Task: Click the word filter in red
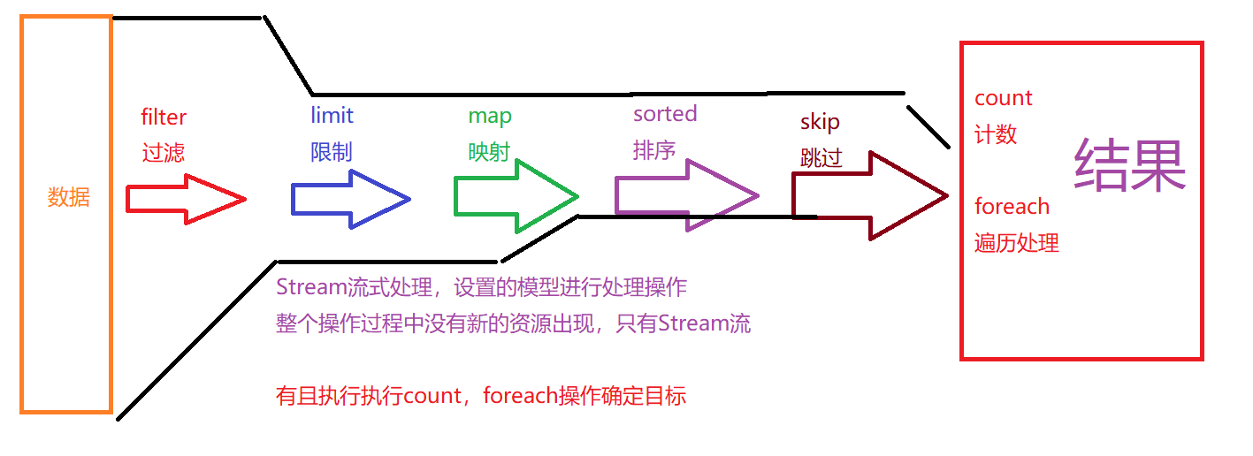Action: (164, 117)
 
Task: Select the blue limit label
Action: (332, 115)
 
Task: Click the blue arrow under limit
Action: (350, 199)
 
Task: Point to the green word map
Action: (490, 116)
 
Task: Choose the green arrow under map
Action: (515, 196)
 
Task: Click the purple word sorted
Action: (665, 113)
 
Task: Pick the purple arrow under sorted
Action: (686, 195)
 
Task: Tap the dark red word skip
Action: (820, 122)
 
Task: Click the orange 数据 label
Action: (69, 197)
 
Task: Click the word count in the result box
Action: (1004, 98)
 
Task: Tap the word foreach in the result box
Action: (1012, 207)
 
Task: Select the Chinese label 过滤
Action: (164, 153)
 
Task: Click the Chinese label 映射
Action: (490, 152)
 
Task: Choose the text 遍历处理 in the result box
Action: (1017, 243)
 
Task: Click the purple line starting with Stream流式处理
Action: (482, 287)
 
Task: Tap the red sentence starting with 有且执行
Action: (481, 396)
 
